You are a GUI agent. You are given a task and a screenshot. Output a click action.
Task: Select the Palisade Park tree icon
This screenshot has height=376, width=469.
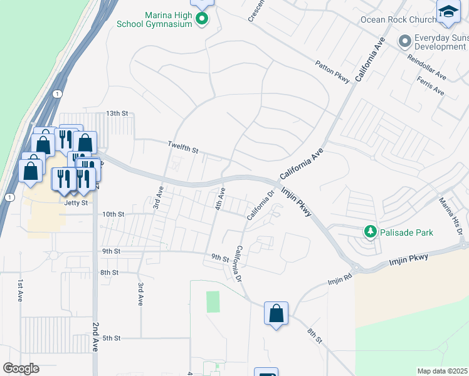371,232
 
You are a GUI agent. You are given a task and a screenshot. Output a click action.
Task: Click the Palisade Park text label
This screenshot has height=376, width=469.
407,232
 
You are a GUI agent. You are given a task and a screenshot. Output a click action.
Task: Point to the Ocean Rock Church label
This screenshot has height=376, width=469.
398,19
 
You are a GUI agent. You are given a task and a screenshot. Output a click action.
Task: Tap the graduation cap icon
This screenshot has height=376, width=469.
448,13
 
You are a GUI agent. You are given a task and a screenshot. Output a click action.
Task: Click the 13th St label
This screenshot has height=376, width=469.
117,113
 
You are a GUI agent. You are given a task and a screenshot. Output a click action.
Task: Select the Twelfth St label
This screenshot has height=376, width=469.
182,148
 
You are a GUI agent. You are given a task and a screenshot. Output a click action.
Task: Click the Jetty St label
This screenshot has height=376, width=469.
75,203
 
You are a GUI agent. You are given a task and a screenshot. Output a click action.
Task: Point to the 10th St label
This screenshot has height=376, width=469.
113,214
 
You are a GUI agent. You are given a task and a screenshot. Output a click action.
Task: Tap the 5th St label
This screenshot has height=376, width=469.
111,338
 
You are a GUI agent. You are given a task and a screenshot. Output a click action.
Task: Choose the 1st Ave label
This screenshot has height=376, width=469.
21,292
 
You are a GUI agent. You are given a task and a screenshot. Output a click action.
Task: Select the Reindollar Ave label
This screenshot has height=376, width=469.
426,67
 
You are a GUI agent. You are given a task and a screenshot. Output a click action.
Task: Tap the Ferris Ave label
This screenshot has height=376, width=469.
430,86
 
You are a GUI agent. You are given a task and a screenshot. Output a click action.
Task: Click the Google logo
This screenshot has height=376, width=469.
21,368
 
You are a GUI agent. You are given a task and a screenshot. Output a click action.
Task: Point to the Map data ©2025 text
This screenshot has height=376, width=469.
443,371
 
